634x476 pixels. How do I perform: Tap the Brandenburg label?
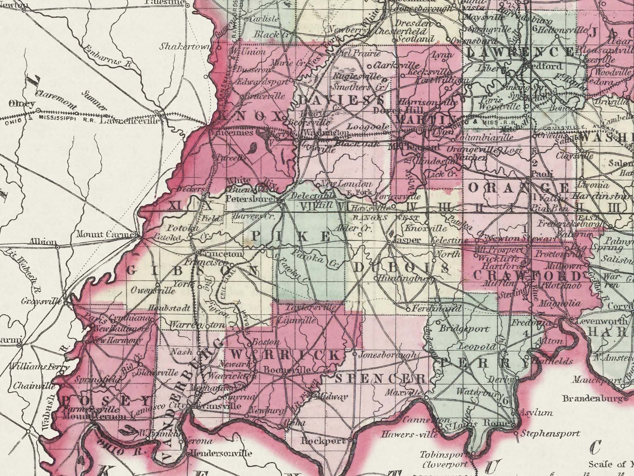pos(593,399)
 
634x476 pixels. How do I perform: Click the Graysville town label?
pos(41,301)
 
